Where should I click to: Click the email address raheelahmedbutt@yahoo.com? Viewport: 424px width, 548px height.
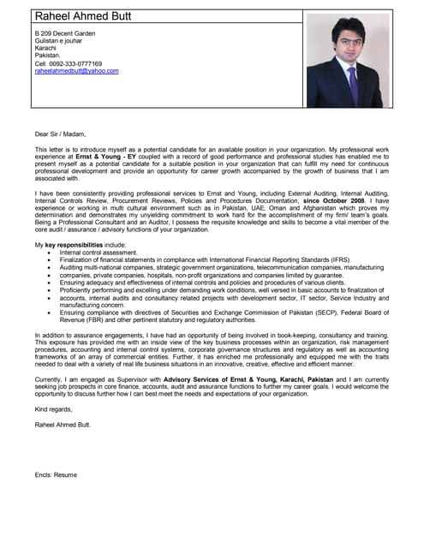(x=76, y=71)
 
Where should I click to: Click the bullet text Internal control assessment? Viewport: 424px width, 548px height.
(x=99, y=253)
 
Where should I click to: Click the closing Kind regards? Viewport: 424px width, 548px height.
(x=54, y=409)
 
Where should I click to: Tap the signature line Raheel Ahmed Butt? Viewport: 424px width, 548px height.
(x=63, y=424)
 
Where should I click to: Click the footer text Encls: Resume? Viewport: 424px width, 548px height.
(x=56, y=474)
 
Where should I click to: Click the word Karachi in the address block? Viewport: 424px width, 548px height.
(x=45, y=48)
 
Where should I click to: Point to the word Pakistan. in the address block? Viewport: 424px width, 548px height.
(x=48, y=55)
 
